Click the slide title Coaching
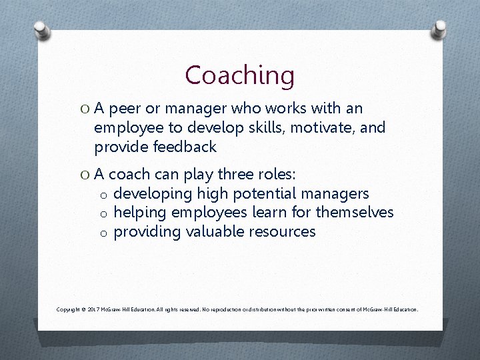click(239, 75)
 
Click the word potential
click(256, 194)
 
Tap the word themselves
click(355, 213)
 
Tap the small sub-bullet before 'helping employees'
click(104, 214)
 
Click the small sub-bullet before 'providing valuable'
click(104, 233)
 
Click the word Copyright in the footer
click(69, 310)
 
